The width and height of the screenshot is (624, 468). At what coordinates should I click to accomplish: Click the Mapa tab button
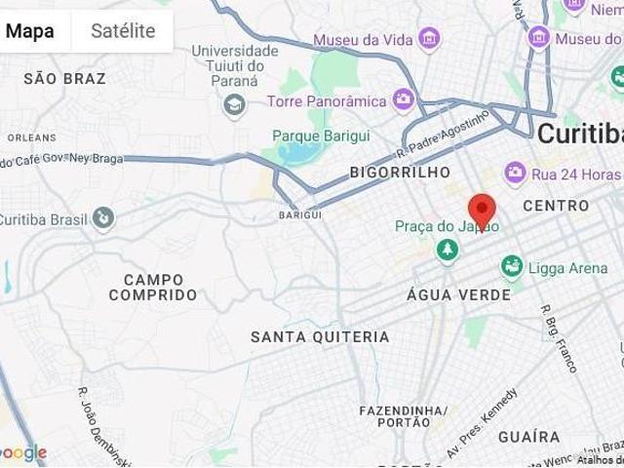[x=30, y=31]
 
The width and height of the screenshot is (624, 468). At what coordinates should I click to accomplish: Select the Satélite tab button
[x=123, y=31]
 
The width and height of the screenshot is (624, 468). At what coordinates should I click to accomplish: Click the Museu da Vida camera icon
[x=429, y=40]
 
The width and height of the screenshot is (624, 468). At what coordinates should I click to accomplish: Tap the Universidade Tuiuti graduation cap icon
[x=234, y=104]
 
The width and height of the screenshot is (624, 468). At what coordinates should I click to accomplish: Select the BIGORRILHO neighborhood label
[x=401, y=173]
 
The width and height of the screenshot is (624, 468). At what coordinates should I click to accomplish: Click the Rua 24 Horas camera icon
[x=516, y=174]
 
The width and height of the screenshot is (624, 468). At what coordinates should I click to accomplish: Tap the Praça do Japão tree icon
[x=448, y=251]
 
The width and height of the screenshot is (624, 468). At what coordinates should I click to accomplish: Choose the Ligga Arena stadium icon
[x=512, y=266]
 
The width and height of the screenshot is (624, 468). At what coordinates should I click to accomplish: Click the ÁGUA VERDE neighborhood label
[x=458, y=294]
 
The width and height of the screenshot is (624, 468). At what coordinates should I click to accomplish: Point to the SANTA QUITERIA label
[x=320, y=337]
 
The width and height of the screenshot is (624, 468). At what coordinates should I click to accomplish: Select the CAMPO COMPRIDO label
[x=153, y=287]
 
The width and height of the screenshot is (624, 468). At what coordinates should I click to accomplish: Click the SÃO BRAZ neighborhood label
[x=64, y=78]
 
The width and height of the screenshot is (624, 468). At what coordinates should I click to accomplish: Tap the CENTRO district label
[x=556, y=206]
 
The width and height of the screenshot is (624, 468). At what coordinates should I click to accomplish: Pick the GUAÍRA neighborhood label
[x=529, y=437]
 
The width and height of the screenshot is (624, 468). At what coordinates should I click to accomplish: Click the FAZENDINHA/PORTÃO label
[x=403, y=416]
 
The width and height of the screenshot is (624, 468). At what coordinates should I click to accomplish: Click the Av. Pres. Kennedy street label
[x=482, y=422]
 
